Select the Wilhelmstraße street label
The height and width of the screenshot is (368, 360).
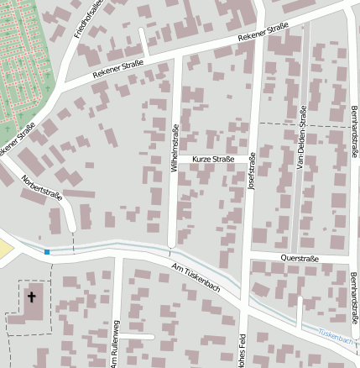[175, 148]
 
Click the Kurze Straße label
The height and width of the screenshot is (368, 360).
[212, 159]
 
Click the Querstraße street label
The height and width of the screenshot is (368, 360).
[300, 259]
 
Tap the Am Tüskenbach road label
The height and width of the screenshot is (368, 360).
[195, 278]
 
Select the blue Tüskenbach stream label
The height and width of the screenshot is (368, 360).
[337, 334]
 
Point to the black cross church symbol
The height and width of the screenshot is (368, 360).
[33, 297]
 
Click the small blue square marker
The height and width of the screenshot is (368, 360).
[47, 251]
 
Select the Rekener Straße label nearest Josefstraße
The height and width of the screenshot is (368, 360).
[263, 34]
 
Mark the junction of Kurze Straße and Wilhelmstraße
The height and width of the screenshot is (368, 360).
[176, 159]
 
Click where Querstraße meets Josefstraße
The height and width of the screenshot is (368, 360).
[248, 254]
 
